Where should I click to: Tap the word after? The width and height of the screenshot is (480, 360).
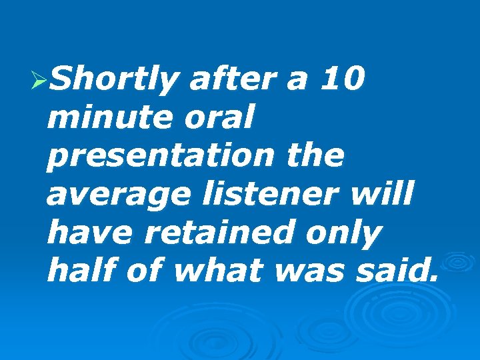click(231, 80)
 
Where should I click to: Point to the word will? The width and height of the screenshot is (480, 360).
click(386, 195)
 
